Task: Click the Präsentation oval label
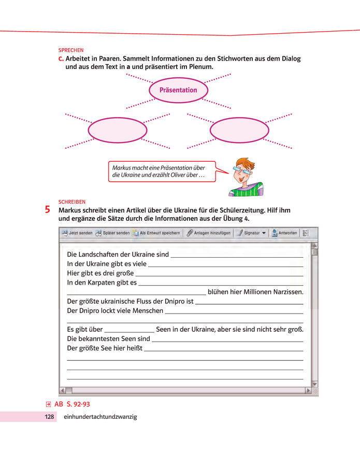coord(178,90)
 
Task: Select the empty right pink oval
coord(239,130)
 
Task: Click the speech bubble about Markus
coord(160,172)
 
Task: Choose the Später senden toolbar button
coord(112,233)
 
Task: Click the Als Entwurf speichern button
coord(156,233)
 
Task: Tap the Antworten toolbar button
coord(284,233)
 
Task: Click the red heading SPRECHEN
coord(71,50)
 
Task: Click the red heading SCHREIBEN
coord(72,202)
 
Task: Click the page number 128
coord(49,417)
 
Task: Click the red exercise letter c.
coord(61,59)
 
